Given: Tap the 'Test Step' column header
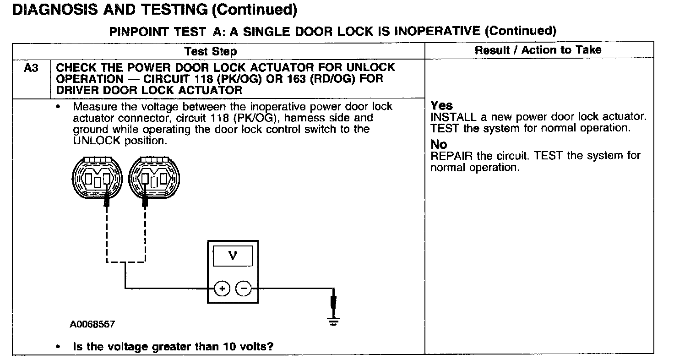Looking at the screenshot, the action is pos(210,51).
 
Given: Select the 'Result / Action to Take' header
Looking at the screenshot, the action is pos(538,50).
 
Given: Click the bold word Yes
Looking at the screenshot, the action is pos(441,105).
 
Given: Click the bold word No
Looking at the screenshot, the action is pos(439,144).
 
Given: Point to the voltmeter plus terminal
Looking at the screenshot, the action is pos(222,289).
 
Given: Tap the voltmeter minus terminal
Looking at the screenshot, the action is pos(243,289).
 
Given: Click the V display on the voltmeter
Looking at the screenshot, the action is pos(233,256).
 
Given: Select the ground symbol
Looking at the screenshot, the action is pos(333,321).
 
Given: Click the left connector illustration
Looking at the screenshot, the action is pos(97,178).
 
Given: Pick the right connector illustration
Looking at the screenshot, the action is pos(154,178).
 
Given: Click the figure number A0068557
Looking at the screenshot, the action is pos(92,324).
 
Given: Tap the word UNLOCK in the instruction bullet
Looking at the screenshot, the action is pos(97,141).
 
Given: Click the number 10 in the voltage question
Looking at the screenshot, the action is pos(229,346).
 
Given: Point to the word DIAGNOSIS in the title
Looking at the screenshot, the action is pos(55,10).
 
